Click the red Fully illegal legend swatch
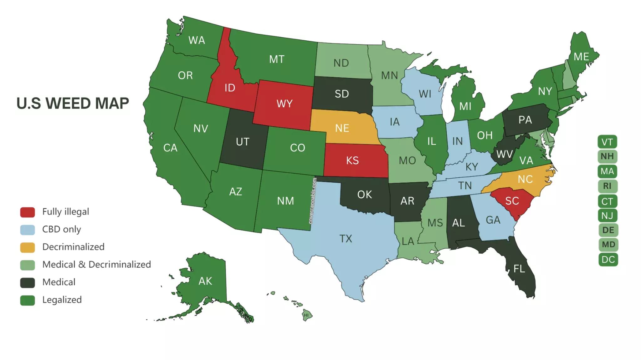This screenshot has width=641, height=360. coord(28,212)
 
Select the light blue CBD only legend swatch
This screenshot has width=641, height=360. coord(28,230)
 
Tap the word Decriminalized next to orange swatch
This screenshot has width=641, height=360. coord(73,247)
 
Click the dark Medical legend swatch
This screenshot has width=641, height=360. coord(28,282)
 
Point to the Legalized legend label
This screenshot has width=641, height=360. coord(62,300)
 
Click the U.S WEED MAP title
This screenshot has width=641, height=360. coord(73,104)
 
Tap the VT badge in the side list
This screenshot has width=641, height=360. coord(607,142)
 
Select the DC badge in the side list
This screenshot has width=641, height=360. coord(608,260)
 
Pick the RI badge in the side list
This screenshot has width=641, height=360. coord(607,186)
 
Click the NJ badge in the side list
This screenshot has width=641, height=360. coord(607,215)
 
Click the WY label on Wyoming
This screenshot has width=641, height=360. coord(285,104)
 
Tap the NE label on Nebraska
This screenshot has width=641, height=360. coord(342,128)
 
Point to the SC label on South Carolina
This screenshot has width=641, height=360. coord(512,201)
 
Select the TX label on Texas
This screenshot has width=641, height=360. coord(346,239)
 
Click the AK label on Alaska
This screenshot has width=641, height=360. coord(205,281)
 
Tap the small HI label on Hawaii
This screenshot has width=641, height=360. coord(306,315)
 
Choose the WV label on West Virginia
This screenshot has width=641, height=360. coord(505,154)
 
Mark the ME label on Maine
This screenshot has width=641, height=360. coord(581,57)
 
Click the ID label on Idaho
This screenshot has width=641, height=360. coord(230,88)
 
